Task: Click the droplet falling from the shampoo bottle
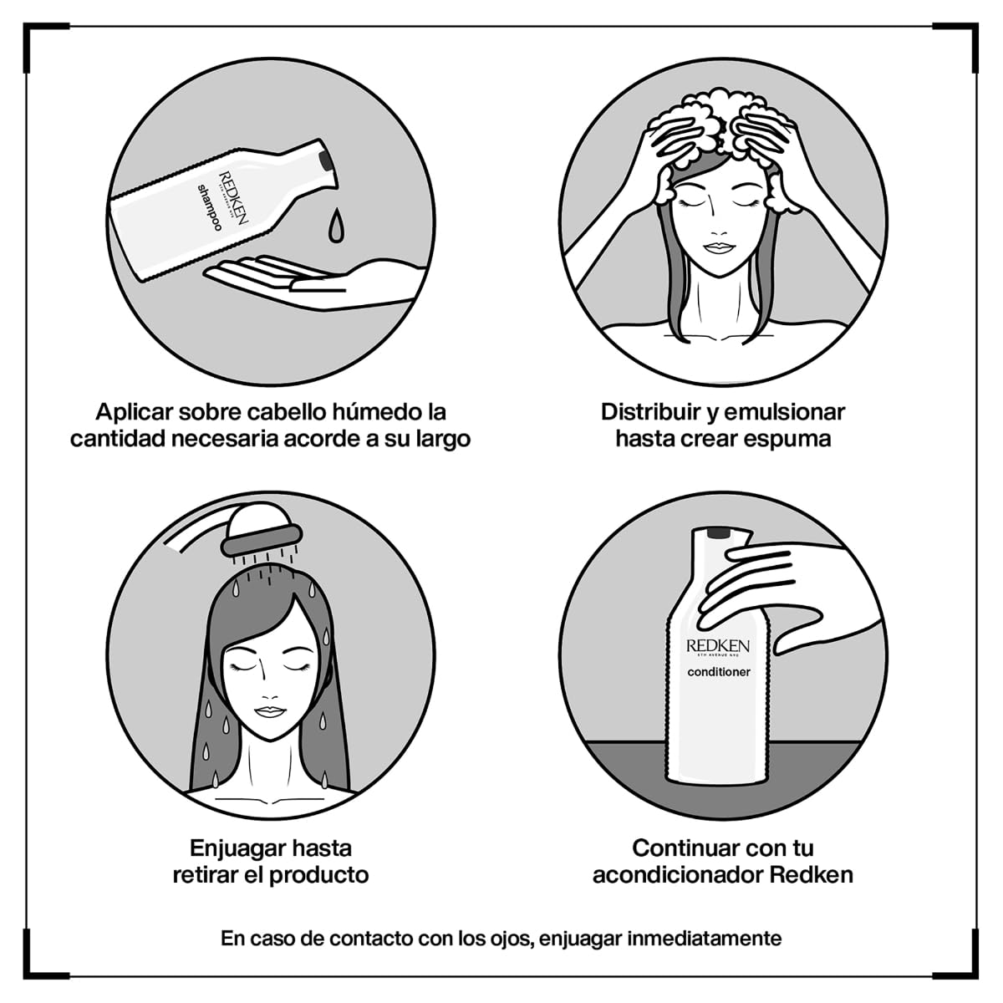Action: tap(335, 223)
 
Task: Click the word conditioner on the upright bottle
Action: tap(719, 672)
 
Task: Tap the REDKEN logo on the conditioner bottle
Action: tap(718, 646)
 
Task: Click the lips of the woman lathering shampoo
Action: tap(718, 247)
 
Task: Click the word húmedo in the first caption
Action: tap(378, 412)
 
